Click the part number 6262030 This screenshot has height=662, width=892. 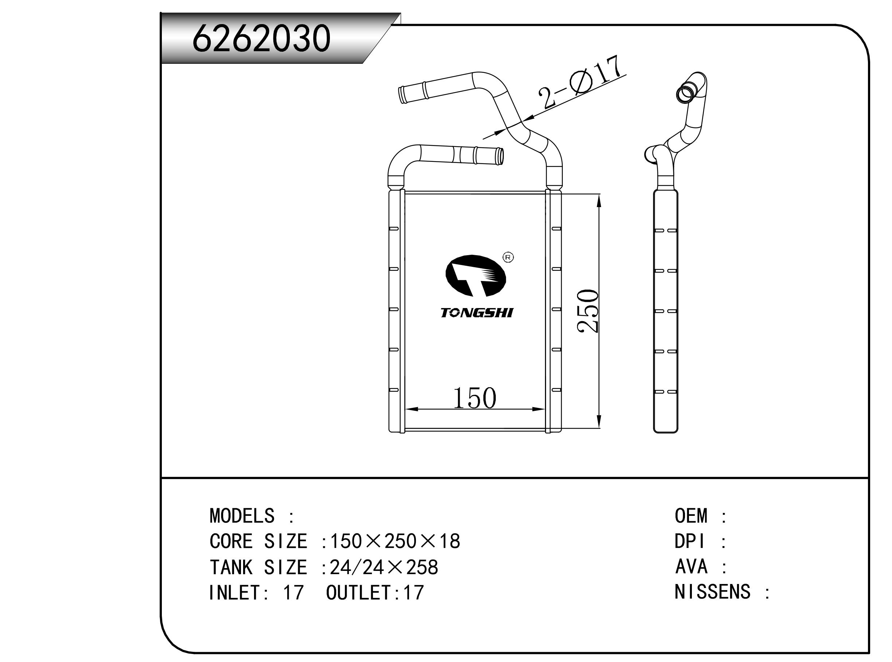tap(261, 39)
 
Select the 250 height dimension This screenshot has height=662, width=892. tap(588, 311)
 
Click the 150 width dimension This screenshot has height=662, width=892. tap(474, 399)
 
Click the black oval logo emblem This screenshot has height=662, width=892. tap(476, 276)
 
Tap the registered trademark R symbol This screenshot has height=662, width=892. tap(508, 257)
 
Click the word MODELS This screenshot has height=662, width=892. tap(242, 516)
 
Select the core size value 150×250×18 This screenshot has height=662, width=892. tap(395, 541)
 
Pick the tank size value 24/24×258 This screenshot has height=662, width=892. tap(384, 568)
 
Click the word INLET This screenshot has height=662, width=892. tap(234, 593)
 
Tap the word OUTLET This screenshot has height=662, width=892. tap(358, 593)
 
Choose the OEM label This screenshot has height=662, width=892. tap(691, 516)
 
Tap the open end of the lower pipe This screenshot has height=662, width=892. tap(500, 156)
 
